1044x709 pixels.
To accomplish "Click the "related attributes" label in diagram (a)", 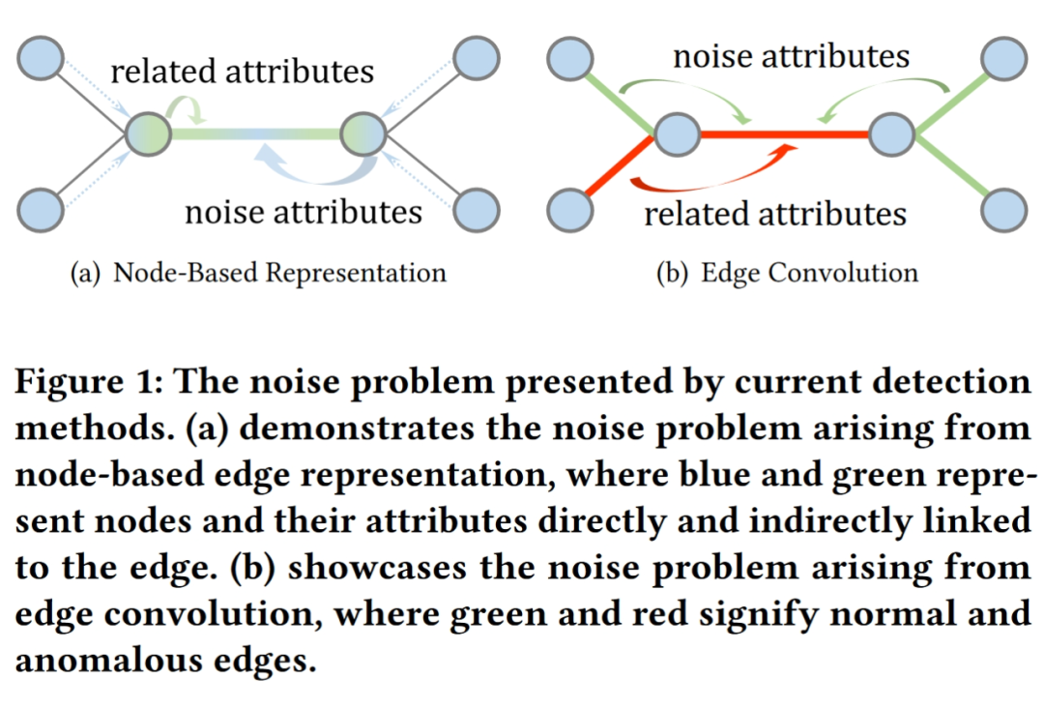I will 242,71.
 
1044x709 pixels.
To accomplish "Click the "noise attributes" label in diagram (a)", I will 304,210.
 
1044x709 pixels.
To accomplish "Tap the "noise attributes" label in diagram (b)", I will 791,56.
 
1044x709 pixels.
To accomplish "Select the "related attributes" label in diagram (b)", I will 775,213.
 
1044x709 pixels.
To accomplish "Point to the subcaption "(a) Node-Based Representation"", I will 258,273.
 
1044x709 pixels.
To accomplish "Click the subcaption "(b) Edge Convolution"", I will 786,273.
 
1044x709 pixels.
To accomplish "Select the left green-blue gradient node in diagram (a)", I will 149,133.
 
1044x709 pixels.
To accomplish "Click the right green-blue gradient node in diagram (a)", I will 364,133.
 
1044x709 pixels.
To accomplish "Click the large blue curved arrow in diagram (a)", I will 309,164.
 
